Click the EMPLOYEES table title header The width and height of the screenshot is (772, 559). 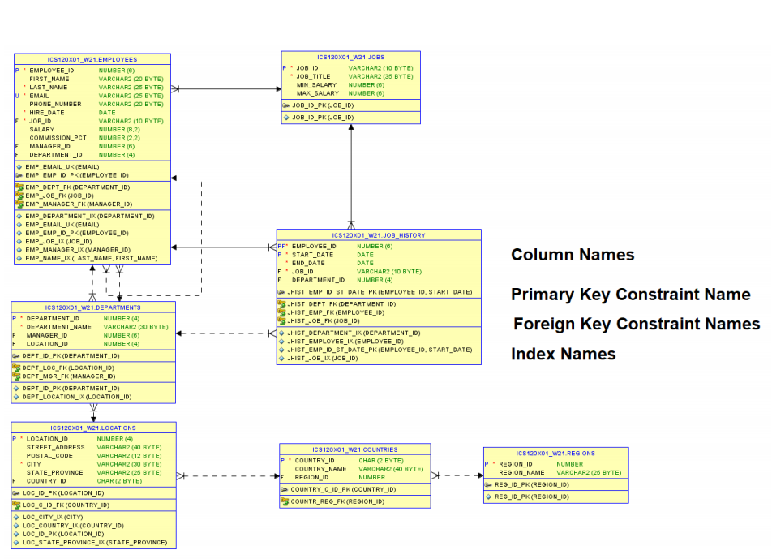pos(92,59)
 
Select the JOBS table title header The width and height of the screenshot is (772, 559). pos(350,58)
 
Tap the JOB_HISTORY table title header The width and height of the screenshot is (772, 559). pos(378,235)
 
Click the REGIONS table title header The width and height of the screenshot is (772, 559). pos(555,454)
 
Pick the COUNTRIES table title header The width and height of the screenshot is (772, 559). pos(354,449)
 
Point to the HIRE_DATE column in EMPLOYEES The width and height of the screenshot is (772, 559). pos(47,113)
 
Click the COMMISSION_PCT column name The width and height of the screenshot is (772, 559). pos(58,138)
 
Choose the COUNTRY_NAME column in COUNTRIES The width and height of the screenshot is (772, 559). pos(320,469)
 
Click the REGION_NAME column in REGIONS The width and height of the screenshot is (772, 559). pos(521,472)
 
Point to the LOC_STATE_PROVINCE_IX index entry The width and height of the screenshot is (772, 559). pos(94,542)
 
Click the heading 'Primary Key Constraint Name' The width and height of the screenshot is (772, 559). pos(630,295)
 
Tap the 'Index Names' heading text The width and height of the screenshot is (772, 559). pos(563,354)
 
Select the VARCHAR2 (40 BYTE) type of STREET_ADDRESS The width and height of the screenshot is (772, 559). pos(129,447)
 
